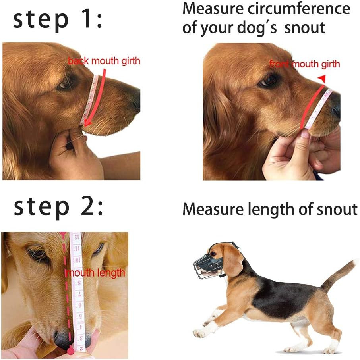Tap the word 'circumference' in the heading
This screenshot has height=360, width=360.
[299, 9]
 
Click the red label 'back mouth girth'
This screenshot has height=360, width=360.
[104, 61]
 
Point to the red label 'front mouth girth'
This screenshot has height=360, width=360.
[305, 64]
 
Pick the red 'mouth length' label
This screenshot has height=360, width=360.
[96, 273]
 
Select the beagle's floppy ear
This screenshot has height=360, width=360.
[232, 260]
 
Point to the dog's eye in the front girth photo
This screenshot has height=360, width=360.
[268, 81]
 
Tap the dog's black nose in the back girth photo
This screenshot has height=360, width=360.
[135, 101]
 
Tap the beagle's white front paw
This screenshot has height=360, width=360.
[199, 333]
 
